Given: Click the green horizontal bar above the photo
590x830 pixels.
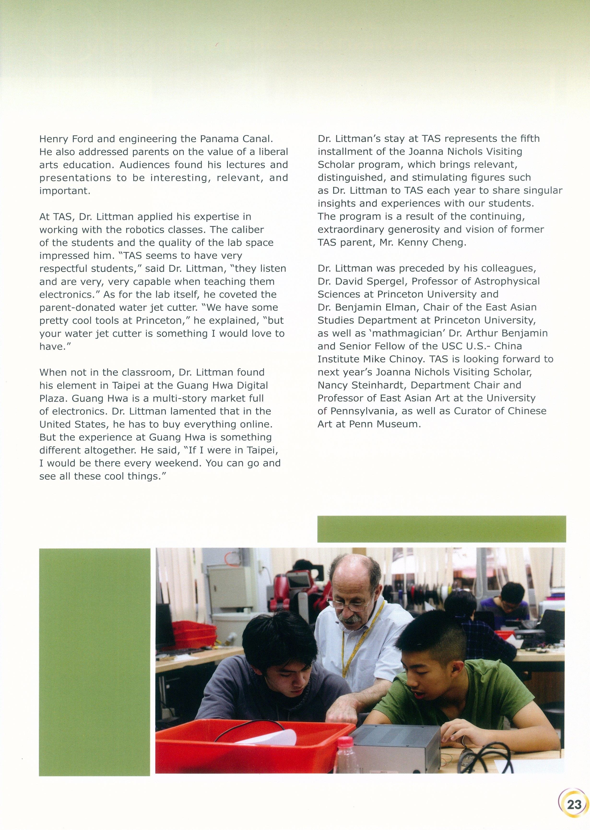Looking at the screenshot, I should pyautogui.click(x=441, y=529).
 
